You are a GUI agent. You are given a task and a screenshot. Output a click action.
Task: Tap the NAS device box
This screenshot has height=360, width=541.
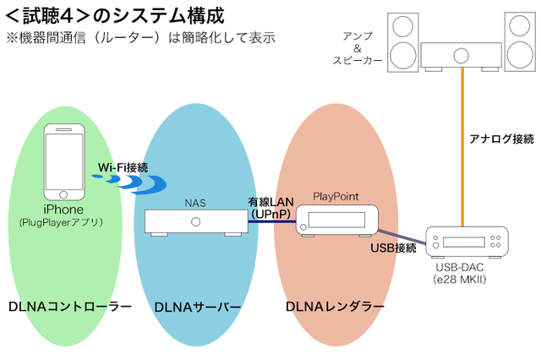tap(195, 221)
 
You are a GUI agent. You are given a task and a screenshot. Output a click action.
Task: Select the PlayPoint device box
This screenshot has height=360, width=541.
tap(336, 217)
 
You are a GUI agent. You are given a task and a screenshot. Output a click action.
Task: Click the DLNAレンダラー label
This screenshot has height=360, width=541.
tap(335, 306)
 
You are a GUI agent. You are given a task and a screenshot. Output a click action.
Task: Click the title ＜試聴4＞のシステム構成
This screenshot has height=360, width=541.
tap(114, 16)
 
